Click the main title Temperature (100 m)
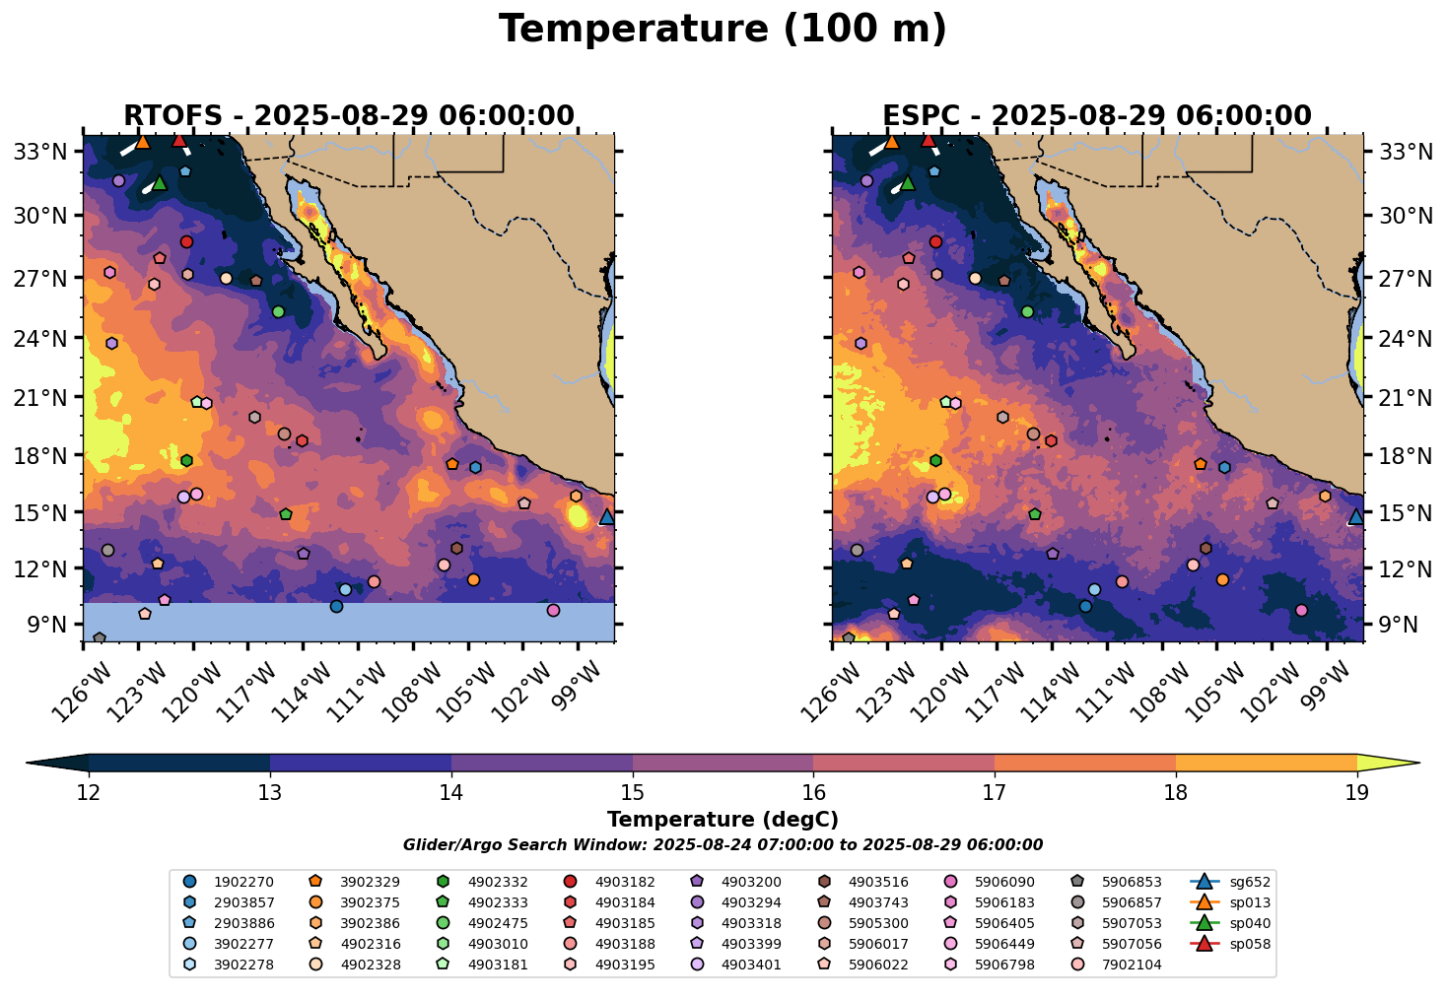point(723,30)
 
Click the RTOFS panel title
point(348,116)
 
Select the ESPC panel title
point(1097,116)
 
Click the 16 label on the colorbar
point(813,793)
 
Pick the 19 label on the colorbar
point(1357,793)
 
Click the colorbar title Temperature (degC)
point(723,820)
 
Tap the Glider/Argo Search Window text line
point(723,845)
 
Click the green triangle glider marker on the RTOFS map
point(160,183)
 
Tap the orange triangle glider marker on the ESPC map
point(892,142)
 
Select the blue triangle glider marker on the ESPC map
point(1356,516)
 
